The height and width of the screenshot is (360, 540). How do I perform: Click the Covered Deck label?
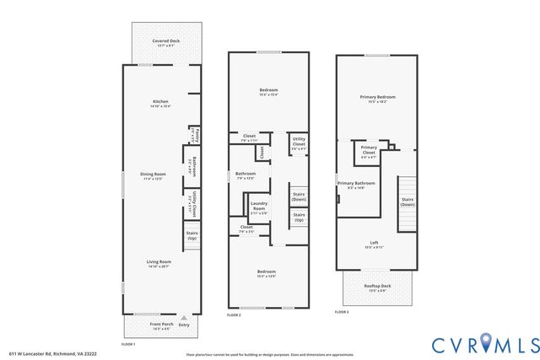click(165, 42)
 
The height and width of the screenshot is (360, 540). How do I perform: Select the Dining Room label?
click(153, 175)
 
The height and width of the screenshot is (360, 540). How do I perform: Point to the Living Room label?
click(159, 263)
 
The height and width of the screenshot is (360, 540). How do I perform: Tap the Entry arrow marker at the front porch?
click(183, 318)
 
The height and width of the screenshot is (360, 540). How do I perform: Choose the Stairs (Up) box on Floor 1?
click(192, 236)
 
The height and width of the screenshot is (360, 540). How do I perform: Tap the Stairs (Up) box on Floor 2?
click(298, 218)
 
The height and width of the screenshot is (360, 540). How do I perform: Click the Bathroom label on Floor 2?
click(245, 175)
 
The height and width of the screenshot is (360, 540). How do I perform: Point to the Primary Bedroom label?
click(377, 99)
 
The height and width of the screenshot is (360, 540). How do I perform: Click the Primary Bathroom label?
click(357, 185)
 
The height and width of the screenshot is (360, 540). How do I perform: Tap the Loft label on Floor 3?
click(373, 245)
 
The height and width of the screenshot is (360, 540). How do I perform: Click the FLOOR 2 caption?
click(235, 314)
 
